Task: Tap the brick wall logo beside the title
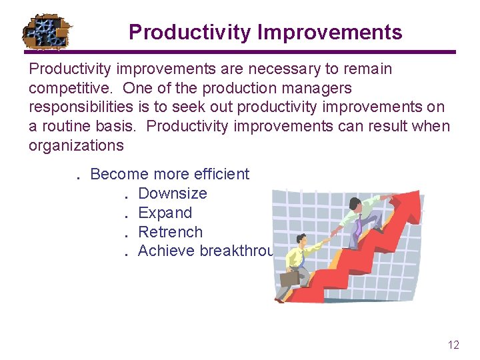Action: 47,31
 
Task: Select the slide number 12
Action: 453,345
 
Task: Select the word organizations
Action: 75,146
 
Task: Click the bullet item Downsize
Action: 172,194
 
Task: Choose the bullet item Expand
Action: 165,213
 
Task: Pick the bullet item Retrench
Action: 170,233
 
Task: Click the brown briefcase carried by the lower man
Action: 289,277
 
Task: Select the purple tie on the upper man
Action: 359,227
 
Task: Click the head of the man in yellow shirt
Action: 302,240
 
